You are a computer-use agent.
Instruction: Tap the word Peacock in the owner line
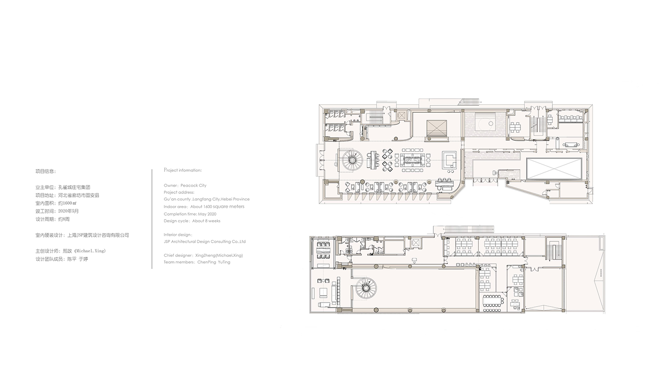click(189, 185)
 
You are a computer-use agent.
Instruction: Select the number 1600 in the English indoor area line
click(207, 206)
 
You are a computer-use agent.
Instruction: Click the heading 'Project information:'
click(182, 170)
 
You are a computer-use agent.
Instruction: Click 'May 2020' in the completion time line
click(207, 214)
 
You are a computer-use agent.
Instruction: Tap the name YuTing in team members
click(224, 262)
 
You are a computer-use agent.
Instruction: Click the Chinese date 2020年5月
click(68, 211)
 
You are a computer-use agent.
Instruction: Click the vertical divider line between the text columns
click(152, 219)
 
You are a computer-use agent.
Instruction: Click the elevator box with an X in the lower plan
click(415, 243)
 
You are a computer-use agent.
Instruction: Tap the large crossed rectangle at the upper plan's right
click(554, 169)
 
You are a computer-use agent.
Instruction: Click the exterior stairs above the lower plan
click(468, 229)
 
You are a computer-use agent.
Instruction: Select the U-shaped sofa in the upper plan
click(449, 160)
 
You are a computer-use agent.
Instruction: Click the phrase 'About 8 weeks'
click(206, 220)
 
